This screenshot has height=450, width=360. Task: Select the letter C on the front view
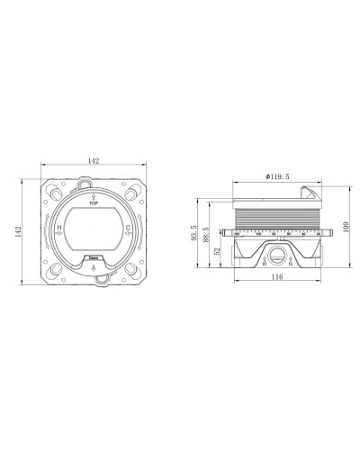[130, 229]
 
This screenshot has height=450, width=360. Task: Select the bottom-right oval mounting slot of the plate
[131, 269]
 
